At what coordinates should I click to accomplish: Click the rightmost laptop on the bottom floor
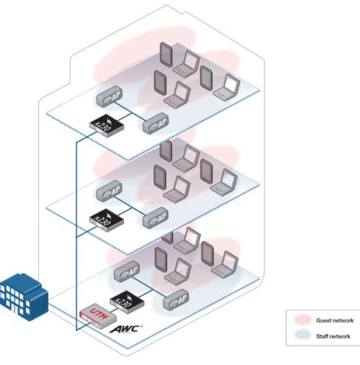[226, 266]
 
